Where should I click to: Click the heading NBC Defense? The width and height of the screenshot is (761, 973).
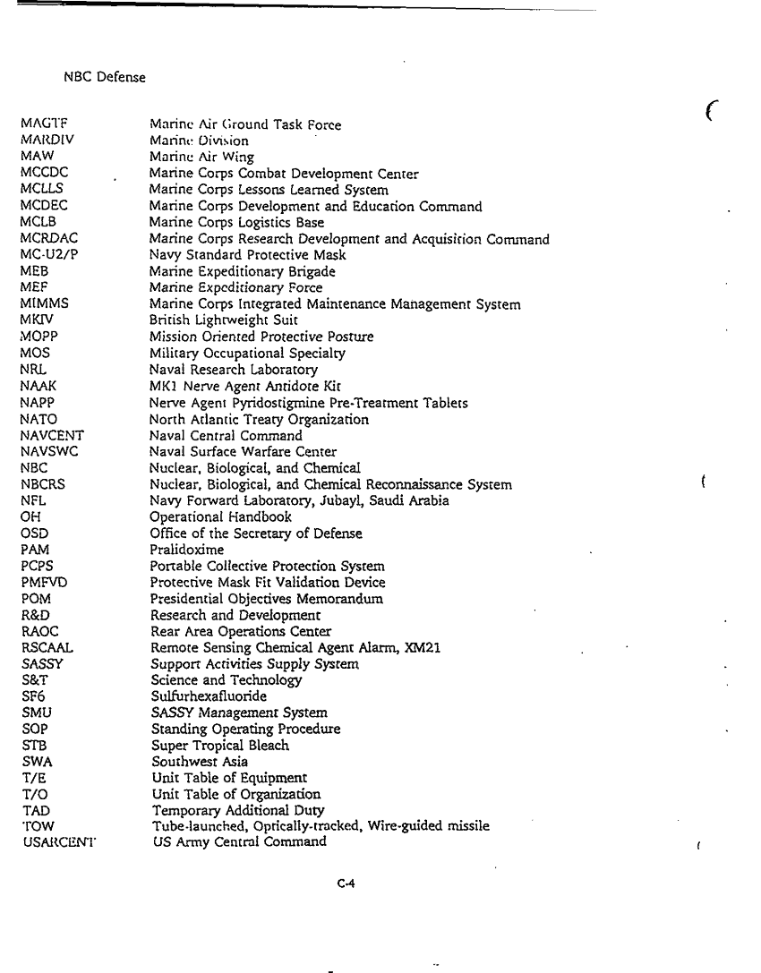(x=105, y=78)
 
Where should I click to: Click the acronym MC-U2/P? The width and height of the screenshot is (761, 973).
(x=46, y=256)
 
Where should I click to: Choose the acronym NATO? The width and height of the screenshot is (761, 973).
(x=38, y=419)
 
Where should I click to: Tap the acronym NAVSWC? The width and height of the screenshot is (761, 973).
(x=49, y=452)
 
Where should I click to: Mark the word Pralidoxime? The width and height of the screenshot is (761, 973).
(x=187, y=550)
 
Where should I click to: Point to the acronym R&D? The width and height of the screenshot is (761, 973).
(x=33, y=615)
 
